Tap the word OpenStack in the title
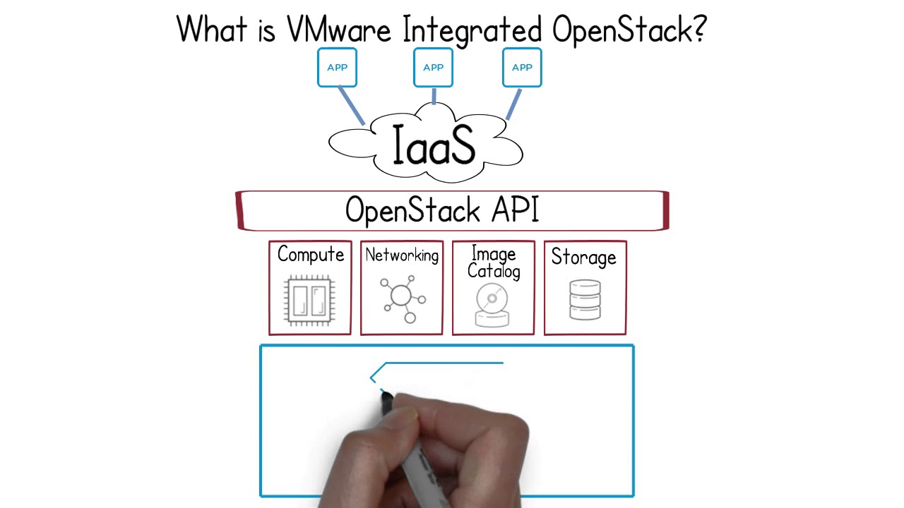pos(620,30)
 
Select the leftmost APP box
pos(337,68)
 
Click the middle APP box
pos(433,68)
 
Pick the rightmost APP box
pos(522,68)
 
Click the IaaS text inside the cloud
pos(433,146)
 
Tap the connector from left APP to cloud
pos(351,106)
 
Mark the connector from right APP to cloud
pos(513,104)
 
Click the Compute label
pos(310,255)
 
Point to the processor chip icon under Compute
pos(309,300)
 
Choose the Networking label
pos(401,255)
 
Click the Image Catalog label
pos(493,262)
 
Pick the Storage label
pos(583,258)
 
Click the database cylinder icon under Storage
pos(584,301)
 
